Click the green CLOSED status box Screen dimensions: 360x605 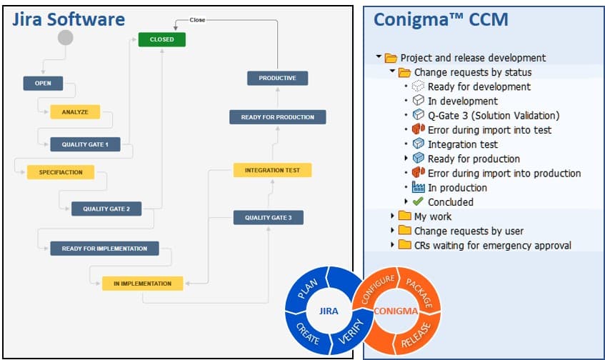point(161,39)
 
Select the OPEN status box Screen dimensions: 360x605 point(43,83)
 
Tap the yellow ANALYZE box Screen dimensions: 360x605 point(75,112)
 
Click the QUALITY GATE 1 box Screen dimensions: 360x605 point(85,144)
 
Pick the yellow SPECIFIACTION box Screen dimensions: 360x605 point(61,172)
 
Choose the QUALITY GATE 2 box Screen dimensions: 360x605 point(106,209)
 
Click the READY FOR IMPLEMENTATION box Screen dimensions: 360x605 point(104,249)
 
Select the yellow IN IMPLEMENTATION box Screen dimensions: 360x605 point(142,284)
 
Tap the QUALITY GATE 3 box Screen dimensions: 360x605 point(268,217)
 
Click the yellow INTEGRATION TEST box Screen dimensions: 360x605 point(272,170)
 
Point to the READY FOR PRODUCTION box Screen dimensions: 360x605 point(277,117)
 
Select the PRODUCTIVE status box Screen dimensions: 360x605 point(277,78)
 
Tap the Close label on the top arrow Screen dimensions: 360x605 point(197,20)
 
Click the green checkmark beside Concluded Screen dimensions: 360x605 point(419,202)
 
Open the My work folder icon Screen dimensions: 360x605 point(404,216)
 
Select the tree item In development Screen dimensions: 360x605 point(462,101)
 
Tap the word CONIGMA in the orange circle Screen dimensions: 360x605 point(395,311)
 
